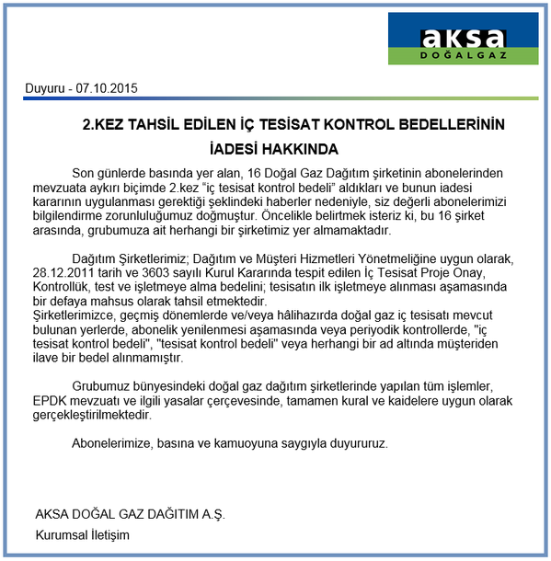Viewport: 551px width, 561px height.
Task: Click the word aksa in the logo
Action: pos(464,38)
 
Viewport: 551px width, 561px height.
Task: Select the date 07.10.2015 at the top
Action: pos(107,90)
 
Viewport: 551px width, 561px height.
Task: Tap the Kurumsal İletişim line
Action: pos(83,534)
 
